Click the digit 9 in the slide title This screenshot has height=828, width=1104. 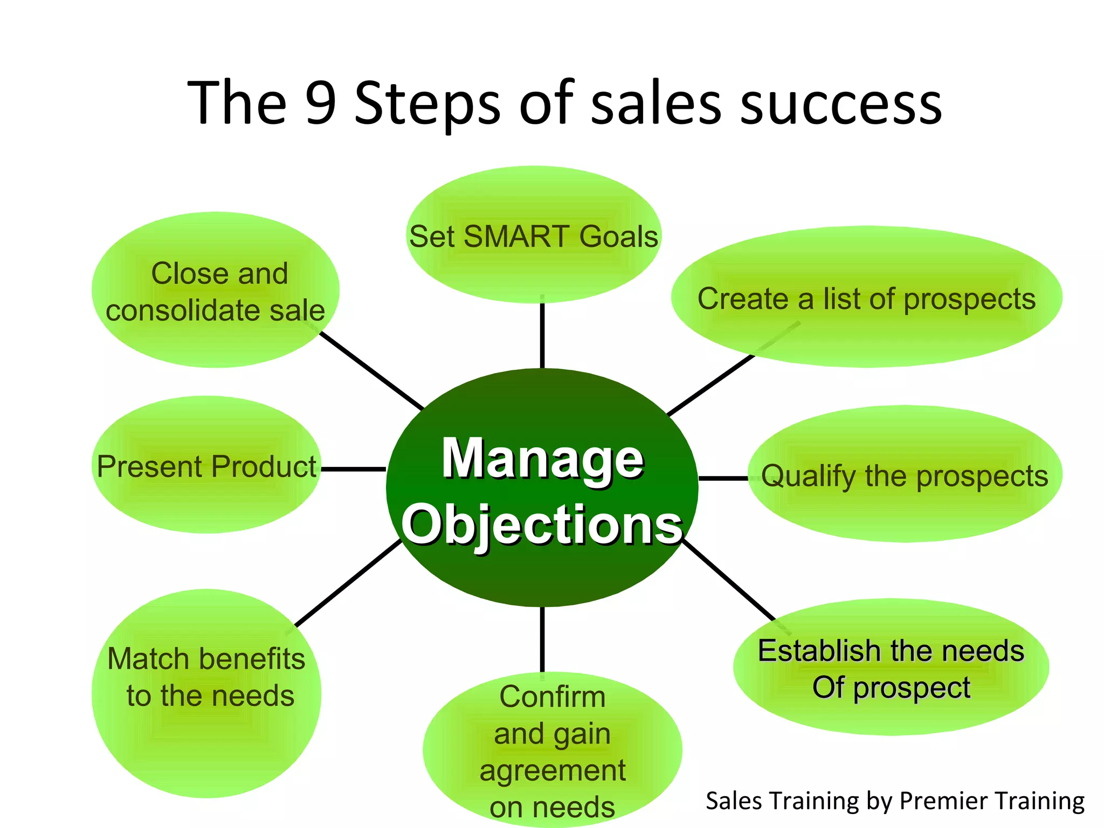(321, 102)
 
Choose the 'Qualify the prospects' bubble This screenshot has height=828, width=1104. (905, 475)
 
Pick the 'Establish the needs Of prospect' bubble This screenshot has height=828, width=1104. (891, 668)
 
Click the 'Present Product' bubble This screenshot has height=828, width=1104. (206, 466)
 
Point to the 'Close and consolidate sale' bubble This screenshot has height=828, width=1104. (215, 291)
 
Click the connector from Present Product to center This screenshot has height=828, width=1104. (354, 470)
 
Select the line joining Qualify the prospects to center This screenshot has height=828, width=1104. (723, 478)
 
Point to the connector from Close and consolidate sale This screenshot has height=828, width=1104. (372, 371)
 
